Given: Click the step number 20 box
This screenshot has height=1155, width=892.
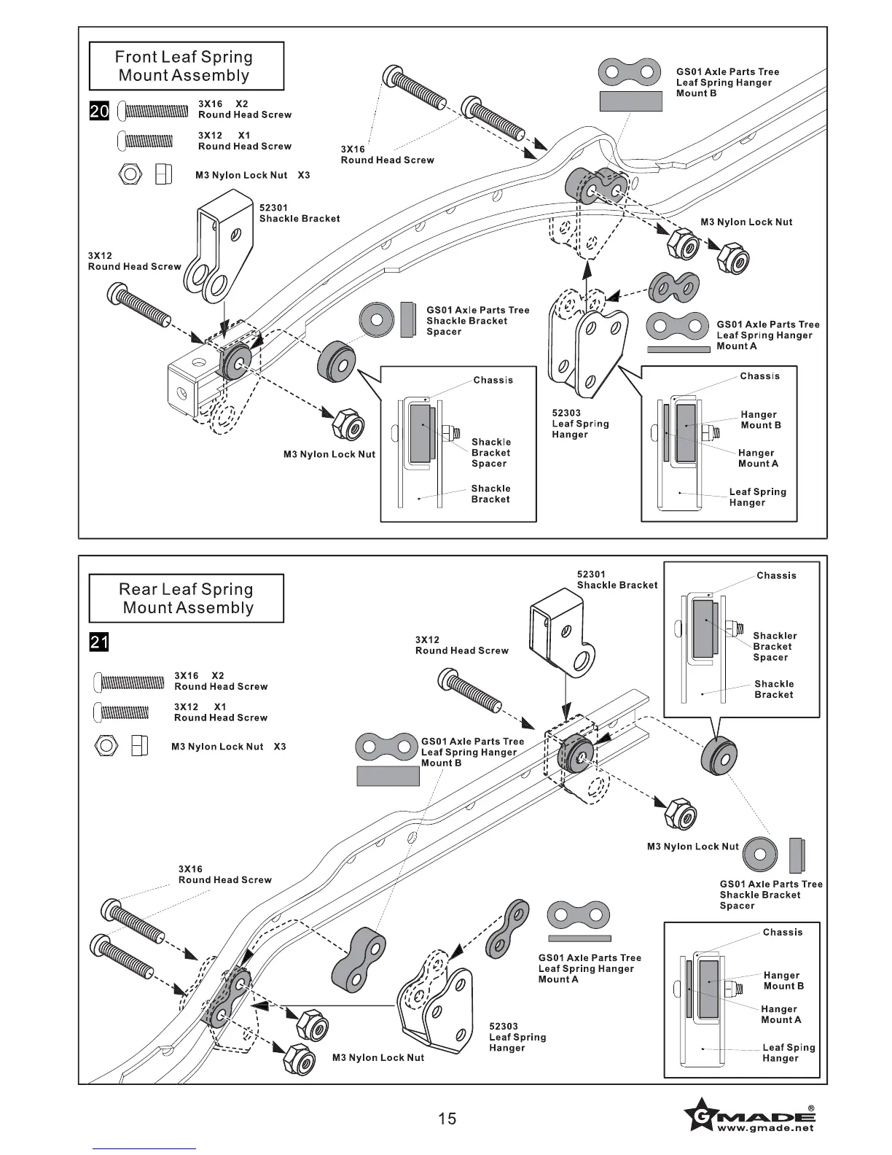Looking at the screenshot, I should [x=99, y=112].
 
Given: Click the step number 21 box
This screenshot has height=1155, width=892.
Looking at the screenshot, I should [x=99, y=642].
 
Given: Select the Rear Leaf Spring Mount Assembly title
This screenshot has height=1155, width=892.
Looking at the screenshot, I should [x=186, y=599].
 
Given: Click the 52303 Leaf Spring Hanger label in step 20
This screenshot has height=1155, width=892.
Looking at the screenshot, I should [x=580, y=424].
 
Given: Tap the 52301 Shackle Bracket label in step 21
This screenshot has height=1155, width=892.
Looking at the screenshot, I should [x=617, y=580].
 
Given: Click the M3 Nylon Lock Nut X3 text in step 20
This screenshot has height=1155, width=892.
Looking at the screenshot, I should [x=252, y=175].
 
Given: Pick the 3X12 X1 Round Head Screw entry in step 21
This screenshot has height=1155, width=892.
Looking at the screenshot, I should [x=220, y=712].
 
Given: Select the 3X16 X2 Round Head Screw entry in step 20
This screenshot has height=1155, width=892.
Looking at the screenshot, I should [x=244, y=109].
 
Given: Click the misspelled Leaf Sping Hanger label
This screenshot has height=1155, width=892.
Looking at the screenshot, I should [x=788, y=1053].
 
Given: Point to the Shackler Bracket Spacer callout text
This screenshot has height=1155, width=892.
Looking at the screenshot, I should [x=774, y=646].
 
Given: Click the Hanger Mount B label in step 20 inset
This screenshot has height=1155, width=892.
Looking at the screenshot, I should [x=760, y=420].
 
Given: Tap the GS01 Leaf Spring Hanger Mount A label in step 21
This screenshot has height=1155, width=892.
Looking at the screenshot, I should [x=590, y=968].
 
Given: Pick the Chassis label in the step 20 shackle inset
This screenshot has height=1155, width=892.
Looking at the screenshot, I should [x=493, y=380].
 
